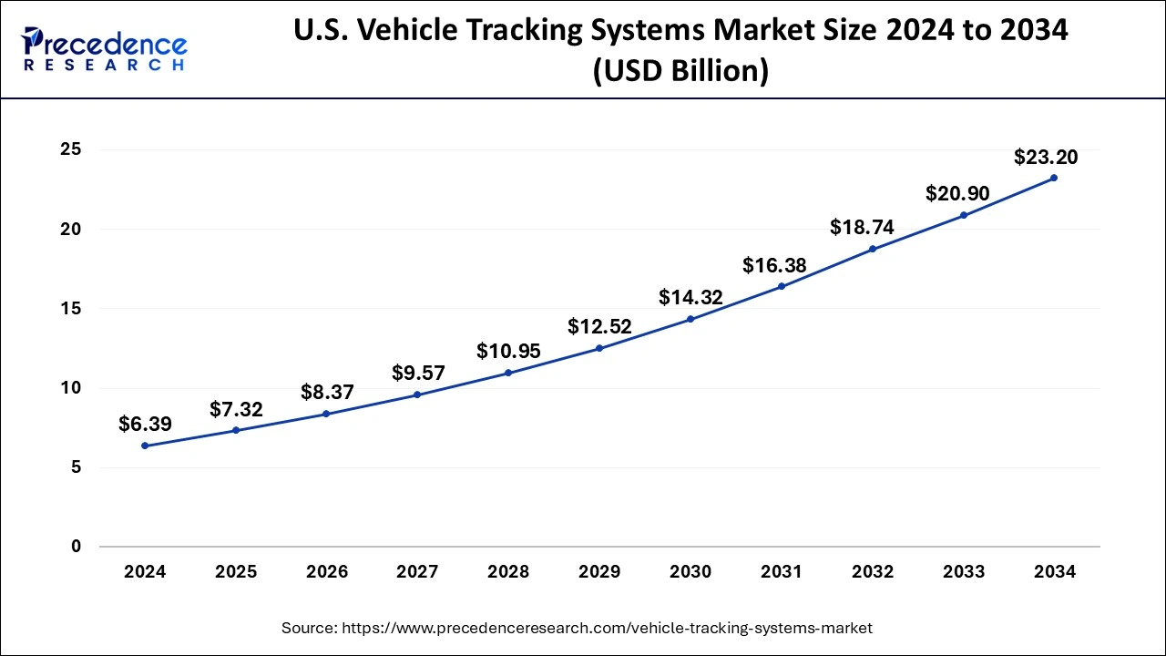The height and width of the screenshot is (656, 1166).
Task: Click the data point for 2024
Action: point(145,446)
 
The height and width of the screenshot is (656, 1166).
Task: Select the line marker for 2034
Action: point(1054,178)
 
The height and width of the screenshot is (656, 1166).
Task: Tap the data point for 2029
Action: point(599,348)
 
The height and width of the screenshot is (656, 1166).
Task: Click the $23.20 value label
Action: point(1046,158)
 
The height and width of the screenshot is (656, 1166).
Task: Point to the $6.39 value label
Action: point(145,425)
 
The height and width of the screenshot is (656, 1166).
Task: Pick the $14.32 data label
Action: point(690,297)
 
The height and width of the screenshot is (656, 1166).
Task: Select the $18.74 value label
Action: point(862,228)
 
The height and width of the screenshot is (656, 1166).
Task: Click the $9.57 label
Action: point(418,373)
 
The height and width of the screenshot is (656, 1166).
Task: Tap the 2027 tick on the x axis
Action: point(418,572)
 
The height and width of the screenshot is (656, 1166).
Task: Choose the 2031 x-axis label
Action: point(782,572)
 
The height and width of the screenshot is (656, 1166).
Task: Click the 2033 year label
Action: point(964,572)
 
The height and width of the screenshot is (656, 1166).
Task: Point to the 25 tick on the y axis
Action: point(71,149)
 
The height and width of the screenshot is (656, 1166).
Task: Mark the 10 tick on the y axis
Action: point(71,388)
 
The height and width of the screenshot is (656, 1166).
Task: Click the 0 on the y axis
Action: point(77,547)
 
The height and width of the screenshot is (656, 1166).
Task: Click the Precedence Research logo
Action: point(105,49)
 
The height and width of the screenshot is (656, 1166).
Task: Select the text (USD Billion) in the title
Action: point(680,71)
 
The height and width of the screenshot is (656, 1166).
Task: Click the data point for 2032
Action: point(873,249)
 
